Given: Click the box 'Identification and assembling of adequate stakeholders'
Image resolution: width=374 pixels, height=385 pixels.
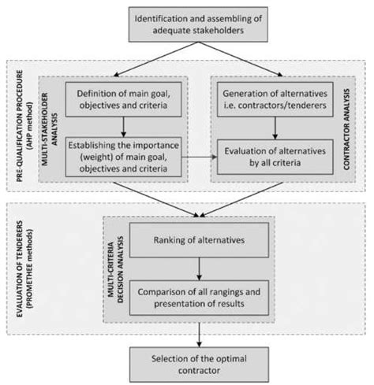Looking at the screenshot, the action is (x=198, y=24).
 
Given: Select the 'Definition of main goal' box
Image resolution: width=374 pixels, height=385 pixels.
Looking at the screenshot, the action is (x=123, y=99).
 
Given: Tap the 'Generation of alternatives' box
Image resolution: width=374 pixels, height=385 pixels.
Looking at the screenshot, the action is (x=275, y=99).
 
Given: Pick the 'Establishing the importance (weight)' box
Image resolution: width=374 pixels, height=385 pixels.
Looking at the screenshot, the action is (x=123, y=157).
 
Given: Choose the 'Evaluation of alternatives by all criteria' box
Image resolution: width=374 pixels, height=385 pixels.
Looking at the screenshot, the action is (x=275, y=157).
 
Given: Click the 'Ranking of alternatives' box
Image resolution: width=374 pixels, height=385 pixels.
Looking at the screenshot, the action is (x=199, y=240).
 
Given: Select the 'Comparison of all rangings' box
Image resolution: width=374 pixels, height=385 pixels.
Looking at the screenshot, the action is (x=199, y=298).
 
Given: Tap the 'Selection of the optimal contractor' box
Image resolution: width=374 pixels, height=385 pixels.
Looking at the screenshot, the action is (x=199, y=365).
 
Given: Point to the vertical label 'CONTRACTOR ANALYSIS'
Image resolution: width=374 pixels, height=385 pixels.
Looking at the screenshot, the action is (x=346, y=129).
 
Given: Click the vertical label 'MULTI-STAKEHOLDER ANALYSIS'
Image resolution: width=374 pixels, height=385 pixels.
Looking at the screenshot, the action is (x=50, y=129).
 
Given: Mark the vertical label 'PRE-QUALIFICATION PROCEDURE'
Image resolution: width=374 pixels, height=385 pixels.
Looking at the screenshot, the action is (x=20, y=126).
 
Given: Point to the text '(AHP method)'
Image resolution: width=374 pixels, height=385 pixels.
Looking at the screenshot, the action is (x=30, y=126).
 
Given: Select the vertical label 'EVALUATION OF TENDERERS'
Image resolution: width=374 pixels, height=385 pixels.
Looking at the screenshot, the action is (x=20, y=269).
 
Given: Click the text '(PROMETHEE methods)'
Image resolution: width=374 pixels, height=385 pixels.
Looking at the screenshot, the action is (x=29, y=269).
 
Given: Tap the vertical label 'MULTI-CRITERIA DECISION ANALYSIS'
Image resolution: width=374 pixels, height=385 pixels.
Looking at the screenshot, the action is (x=116, y=270).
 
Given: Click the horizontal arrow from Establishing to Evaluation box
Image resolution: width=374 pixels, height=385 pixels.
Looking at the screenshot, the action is (x=200, y=157).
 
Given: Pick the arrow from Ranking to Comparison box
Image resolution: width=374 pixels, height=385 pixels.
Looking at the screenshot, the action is (x=199, y=269).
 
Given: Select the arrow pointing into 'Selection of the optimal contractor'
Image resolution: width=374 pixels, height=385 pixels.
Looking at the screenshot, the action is (x=199, y=335).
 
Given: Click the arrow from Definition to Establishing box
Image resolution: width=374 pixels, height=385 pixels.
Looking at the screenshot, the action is (x=123, y=127).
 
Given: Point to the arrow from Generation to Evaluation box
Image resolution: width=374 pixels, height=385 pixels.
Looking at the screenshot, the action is (x=275, y=128).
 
